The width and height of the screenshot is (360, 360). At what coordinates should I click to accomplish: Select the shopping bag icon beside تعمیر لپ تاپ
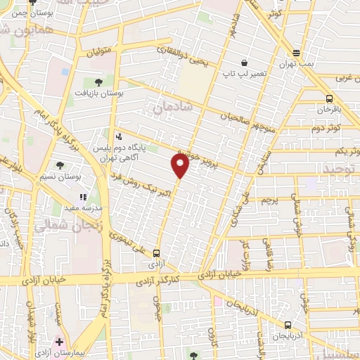click(243, 62)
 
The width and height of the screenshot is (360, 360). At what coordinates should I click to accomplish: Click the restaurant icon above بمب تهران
click(297, 53)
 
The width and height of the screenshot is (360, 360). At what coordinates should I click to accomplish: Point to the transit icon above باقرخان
click(330, 98)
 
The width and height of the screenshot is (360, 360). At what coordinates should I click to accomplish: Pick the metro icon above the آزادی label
click(156, 254)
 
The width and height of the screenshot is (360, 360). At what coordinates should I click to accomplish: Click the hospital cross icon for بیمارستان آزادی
click(59, 341)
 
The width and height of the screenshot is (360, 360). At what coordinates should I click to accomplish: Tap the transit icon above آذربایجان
click(288, 325)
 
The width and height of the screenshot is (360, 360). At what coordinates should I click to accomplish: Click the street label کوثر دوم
click(327, 129)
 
